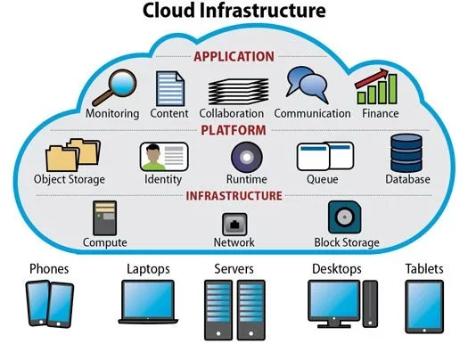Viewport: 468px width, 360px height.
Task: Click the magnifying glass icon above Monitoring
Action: click(115, 87)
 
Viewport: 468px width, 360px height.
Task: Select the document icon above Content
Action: click(170, 88)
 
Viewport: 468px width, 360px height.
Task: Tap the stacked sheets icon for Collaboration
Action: click(238, 91)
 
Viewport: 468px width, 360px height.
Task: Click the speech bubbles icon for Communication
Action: click(308, 85)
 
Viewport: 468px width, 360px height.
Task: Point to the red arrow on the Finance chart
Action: click(372, 78)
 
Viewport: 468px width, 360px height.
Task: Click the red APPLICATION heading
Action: click(234, 57)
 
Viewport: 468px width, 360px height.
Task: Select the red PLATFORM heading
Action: click(234, 130)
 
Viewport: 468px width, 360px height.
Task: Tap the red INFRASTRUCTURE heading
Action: click(234, 196)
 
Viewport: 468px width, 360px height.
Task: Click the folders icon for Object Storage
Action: click(73, 155)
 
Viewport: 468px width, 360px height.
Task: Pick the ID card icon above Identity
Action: click(164, 157)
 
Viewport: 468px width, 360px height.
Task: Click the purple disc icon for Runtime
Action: click(247, 157)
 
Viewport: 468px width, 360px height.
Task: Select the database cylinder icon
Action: click(406, 153)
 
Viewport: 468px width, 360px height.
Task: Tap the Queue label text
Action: click(323, 179)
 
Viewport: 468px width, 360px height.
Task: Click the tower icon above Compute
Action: click(105, 218)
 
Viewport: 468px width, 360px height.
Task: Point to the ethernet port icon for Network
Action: click(234, 225)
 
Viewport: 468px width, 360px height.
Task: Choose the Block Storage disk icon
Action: click(345, 217)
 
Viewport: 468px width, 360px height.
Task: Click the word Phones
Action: click(49, 269)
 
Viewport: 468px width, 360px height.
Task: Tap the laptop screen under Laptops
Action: click(148, 299)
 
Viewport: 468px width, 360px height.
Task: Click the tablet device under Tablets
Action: click(424, 307)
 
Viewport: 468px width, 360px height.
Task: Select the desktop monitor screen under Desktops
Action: click(334, 300)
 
